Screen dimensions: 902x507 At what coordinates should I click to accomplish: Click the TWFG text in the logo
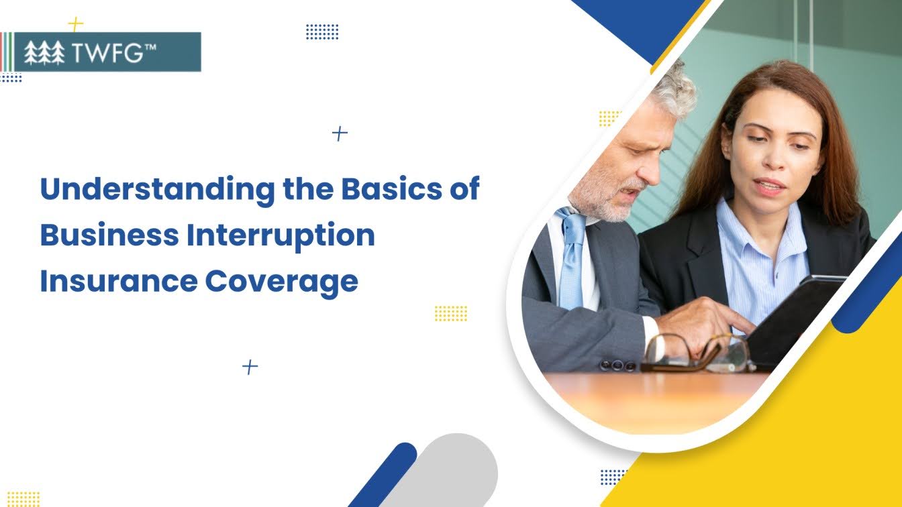[x=114, y=52]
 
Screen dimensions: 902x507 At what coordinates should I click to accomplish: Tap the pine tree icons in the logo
[x=44, y=53]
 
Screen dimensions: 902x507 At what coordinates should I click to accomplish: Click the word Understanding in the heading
[x=158, y=190]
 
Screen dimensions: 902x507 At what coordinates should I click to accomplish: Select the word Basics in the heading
[x=391, y=188]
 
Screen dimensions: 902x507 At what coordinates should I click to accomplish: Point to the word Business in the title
[x=109, y=235]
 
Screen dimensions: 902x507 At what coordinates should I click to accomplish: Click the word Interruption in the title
[x=281, y=237]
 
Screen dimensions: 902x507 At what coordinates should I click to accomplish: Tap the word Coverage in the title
[x=281, y=283]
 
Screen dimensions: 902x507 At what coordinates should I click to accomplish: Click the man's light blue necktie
[x=571, y=258]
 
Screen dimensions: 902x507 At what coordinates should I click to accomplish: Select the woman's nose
[x=774, y=158]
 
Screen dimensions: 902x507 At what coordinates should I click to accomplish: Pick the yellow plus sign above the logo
[x=75, y=25]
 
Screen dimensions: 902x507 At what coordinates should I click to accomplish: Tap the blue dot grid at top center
[x=322, y=32]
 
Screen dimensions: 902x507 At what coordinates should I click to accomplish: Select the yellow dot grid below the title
[x=451, y=313]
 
